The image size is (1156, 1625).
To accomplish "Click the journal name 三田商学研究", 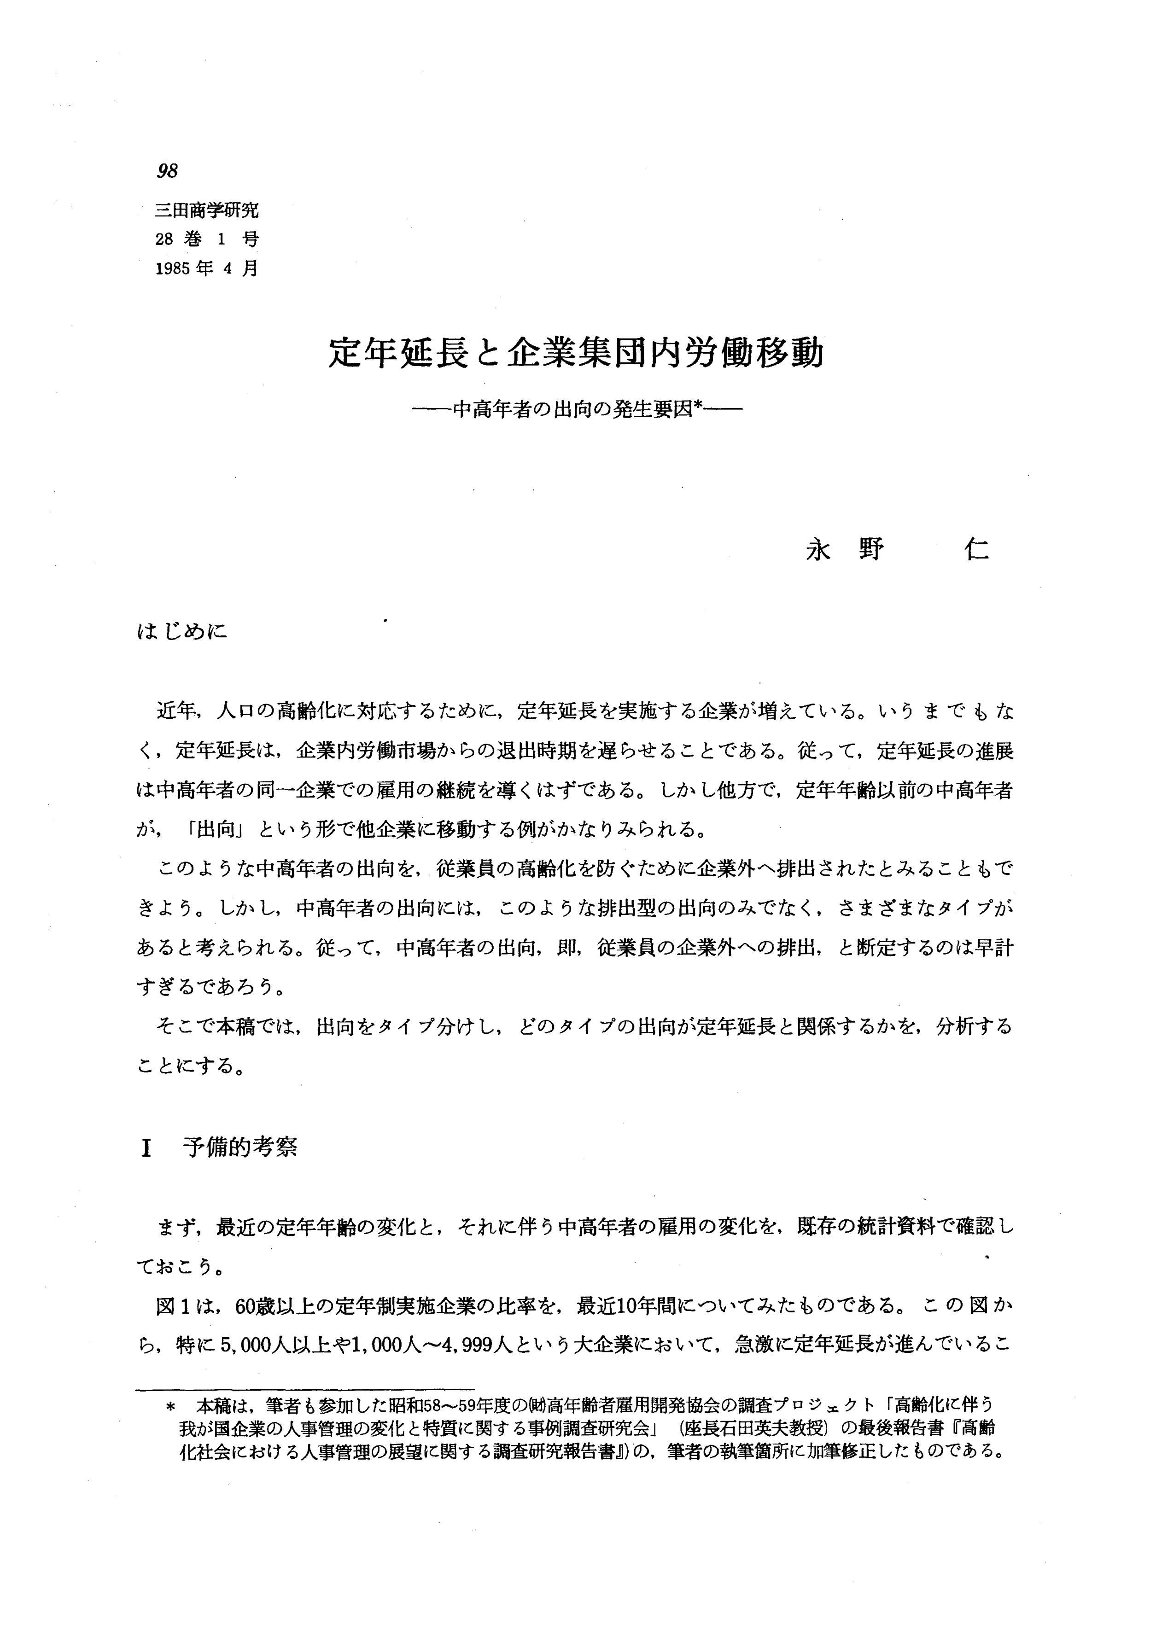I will (x=206, y=210).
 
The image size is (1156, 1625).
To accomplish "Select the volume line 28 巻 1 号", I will (x=206, y=240).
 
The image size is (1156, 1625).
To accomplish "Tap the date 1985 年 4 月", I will (x=206, y=269).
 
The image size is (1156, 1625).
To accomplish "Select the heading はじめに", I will (x=182, y=631).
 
